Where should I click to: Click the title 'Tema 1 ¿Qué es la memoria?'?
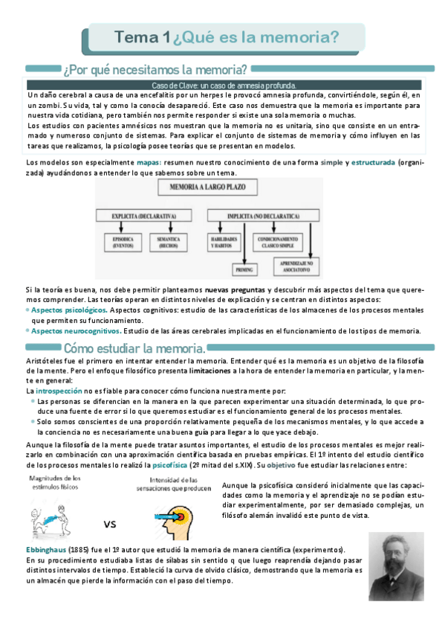click(227, 37)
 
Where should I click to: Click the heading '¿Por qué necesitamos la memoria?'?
click(155, 70)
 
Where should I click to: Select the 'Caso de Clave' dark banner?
click(223, 86)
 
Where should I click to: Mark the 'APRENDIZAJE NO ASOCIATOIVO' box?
click(296, 266)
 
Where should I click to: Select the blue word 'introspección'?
click(59, 390)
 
